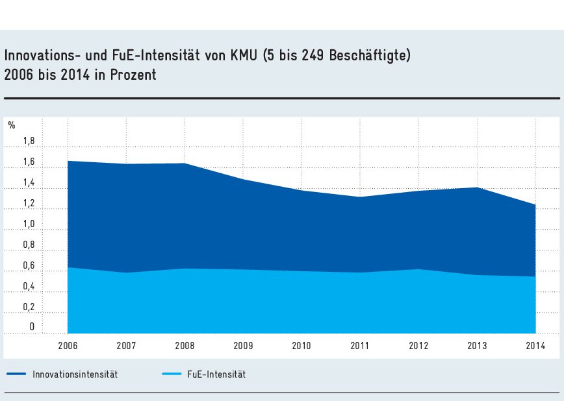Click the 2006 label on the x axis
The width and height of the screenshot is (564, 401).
pyautogui.click(x=68, y=345)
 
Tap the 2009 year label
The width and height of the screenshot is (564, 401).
pyautogui.click(x=243, y=345)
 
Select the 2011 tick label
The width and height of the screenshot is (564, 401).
pyautogui.click(x=360, y=345)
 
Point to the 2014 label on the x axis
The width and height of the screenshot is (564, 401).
pyautogui.click(x=535, y=345)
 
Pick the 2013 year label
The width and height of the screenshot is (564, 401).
pyautogui.click(x=477, y=345)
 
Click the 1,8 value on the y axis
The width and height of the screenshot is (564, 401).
pyautogui.click(x=29, y=141)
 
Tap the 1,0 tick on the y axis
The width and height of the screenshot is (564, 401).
pyautogui.click(x=29, y=224)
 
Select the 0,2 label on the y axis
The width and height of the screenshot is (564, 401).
pyautogui.click(x=29, y=307)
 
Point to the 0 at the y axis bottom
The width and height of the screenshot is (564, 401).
pyautogui.click(x=31, y=327)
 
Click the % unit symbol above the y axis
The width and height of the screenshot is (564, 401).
pyautogui.click(x=12, y=125)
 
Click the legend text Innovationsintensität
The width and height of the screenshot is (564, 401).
pyautogui.click(x=75, y=374)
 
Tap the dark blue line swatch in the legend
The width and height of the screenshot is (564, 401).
pyautogui.click(x=16, y=374)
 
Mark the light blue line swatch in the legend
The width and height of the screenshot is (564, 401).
pyautogui.click(x=171, y=374)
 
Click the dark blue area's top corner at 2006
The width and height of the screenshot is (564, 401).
pyautogui.click(x=68, y=161)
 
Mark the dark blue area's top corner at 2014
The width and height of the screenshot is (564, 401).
pyautogui.click(x=535, y=205)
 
